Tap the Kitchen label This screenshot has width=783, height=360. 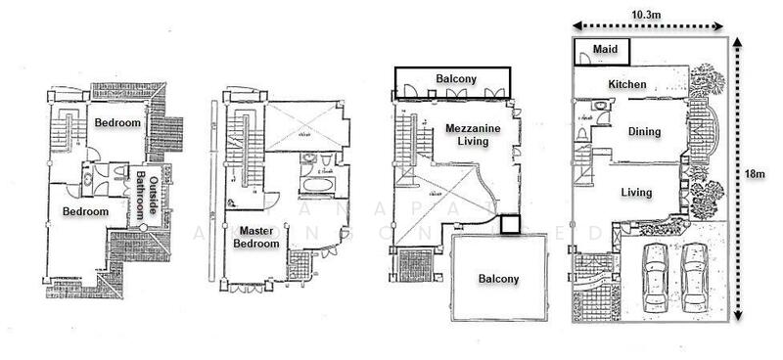(627, 85)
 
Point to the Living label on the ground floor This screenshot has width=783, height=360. (637, 192)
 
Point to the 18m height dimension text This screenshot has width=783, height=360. (755, 173)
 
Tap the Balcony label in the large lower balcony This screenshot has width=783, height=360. (498, 279)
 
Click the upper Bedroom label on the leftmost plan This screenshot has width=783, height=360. (117, 123)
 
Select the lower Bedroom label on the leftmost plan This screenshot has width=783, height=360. (85, 210)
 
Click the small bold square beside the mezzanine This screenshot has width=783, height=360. (510, 224)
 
